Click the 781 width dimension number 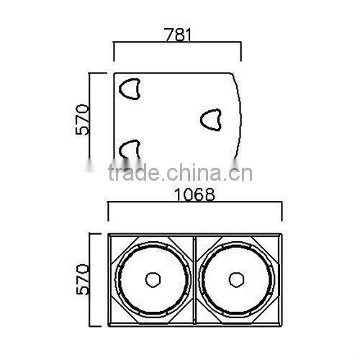178,35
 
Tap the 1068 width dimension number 194,194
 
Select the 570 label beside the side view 82,120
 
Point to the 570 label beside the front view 82,279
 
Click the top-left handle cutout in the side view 130,89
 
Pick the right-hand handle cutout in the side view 211,120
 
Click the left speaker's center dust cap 153,279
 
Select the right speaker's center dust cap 236,279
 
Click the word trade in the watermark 134,172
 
